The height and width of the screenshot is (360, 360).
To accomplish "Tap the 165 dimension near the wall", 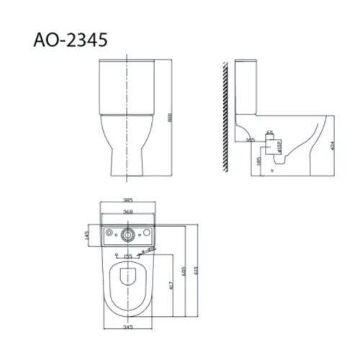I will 250,140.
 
